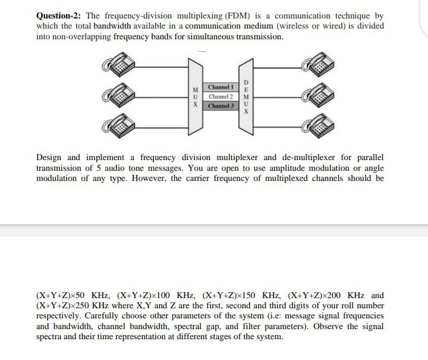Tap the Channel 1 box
tap(221, 87)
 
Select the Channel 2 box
tap(221, 96)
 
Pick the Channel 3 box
tap(221, 105)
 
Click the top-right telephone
tap(321, 64)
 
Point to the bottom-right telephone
tap(321, 126)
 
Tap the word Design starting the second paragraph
tap(49, 157)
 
